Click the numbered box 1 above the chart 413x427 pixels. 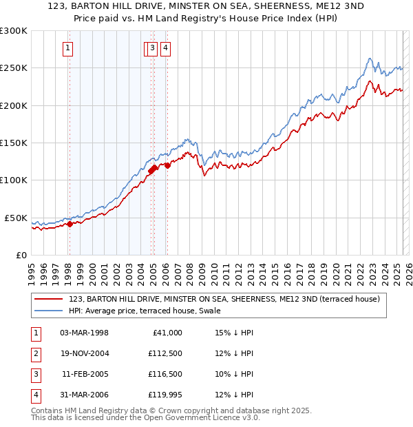69,48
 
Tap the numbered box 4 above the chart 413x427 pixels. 167,48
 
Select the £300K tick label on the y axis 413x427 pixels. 13,31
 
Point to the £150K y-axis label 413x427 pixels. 13,143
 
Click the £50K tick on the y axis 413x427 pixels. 15,218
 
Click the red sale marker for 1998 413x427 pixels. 70,224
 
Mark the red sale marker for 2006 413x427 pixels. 167,165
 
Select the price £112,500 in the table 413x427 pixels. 165,353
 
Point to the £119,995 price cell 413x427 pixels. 165,395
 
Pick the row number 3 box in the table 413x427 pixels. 34,374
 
